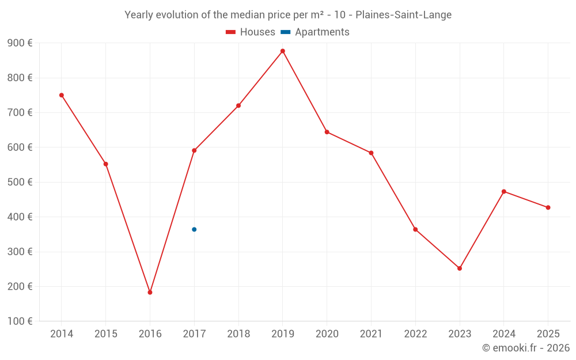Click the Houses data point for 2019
point(283,51)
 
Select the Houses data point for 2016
point(150,293)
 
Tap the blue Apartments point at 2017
point(194,229)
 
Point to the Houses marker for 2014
point(62,95)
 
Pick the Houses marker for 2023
point(460,268)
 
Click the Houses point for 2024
point(504,191)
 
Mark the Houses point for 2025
point(548,207)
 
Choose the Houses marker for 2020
point(327,132)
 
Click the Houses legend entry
point(251,32)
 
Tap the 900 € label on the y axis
point(20,43)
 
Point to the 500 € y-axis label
point(20,182)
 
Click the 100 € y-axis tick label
point(20,321)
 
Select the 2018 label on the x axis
point(238,334)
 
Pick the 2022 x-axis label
point(415,334)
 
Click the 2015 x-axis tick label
point(106,334)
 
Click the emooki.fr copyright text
point(526,348)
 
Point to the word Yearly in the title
point(139,14)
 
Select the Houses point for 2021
point(371,153)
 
